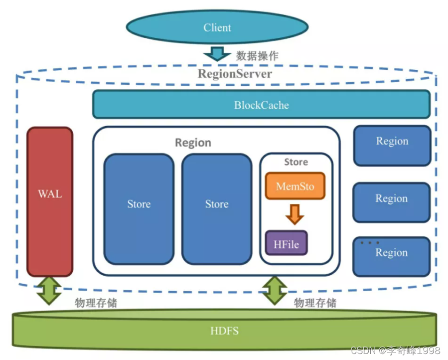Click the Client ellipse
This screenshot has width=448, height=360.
pyautogui.click(x=217, y=27)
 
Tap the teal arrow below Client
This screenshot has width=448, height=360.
pyautogui.click(x=217, y=53)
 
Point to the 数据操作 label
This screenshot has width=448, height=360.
pyautogui.click(x=257, y=55)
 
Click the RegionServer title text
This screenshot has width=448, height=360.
pyautogui.click(x=235, y=74)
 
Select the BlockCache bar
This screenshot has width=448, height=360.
pyautogui.click(x=261, y=105)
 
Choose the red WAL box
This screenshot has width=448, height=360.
pyautogui.click(x=50, y=201)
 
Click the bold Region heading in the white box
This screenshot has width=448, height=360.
pyautogui.click(x=193, y=143)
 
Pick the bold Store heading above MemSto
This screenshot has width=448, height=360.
pyautogui.click(x=296, y=162)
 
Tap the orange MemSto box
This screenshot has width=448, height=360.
pyautogui.click(x=295, y=186)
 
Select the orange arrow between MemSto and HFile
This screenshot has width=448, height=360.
pyautogui.click(x=295, y=214)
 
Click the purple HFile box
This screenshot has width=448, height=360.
pyautogui.click(x=286, y=244)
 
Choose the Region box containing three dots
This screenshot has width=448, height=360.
pyautogui.click(x=391, y=256)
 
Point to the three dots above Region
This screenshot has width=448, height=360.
pyautogui.click(x=369, y=243)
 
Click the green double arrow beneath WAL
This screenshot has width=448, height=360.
pyautogui.click(x=50, y=290)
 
